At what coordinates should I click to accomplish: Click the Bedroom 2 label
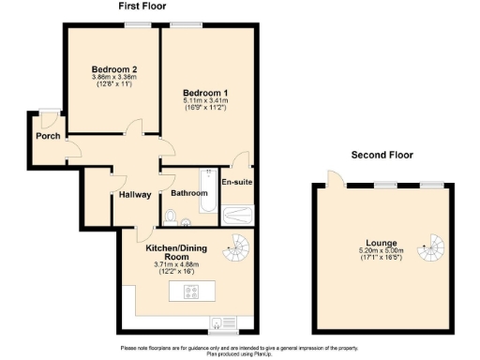tap(114, 69)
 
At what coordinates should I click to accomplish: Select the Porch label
tap(48, 136)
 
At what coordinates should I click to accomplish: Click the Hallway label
tap(136, 194)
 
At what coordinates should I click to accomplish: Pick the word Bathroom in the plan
tap(188, 193)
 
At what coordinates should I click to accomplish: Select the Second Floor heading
tap(382, 155)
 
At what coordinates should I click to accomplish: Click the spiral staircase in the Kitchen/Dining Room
tap(240, 248)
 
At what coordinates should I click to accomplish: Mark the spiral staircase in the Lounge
tap(431, 249)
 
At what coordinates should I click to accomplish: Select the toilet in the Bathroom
tap(169, 217)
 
